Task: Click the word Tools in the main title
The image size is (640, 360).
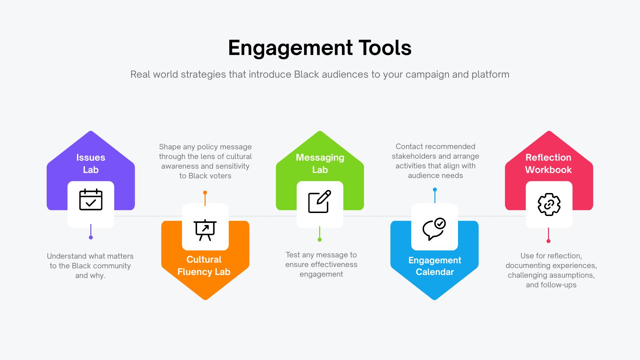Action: pos(385,48)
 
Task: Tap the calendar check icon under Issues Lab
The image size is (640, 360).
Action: pos(91,199)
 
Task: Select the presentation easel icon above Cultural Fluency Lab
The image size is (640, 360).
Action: pos(205,230)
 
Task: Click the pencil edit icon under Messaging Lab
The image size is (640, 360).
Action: pos(320,201)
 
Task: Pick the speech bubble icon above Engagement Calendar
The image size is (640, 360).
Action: pos(434,229)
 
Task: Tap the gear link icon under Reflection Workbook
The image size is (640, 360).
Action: pos(549,204)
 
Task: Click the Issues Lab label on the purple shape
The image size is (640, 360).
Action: pos(91,163)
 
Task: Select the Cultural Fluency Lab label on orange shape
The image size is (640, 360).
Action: pos(204,266)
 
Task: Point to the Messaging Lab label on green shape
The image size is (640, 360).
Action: pos(320,163)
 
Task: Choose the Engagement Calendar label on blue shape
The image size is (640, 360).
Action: pos(435,266)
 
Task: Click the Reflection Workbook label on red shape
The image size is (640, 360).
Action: pos(549,163)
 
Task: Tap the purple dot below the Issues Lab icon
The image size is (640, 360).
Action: pos(91,237)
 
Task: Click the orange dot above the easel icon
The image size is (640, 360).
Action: pos(205,193)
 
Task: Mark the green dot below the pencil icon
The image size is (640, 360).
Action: pos(320,240)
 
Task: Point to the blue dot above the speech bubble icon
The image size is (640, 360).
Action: pos(435,190)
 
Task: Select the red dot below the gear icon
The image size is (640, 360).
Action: pos(548,241)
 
